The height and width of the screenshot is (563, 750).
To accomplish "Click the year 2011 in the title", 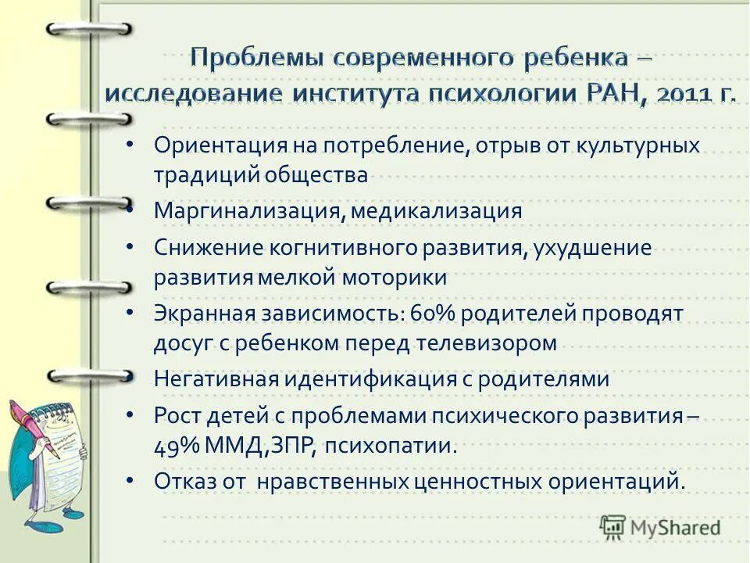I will coord(684,95).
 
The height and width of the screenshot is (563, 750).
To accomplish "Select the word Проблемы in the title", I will coord(256,59).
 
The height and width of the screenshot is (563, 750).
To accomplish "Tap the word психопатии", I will coord(387,447).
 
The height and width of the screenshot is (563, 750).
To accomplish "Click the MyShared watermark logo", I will coord(660,526).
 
